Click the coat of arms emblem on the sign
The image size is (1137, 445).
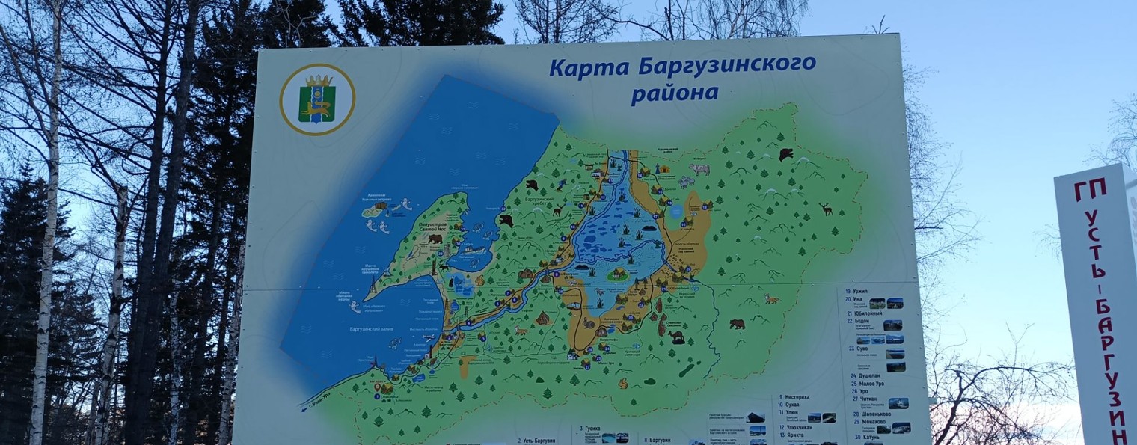pos(317,99)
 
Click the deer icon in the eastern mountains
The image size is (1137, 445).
pos(826,209)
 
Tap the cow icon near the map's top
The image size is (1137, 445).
pos(699,170)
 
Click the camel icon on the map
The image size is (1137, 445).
pos(676,337)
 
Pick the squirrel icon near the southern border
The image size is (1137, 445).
pos(622,383)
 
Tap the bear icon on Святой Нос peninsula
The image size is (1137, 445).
pos(435,239)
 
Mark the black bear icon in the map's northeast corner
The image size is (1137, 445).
pos(785,154)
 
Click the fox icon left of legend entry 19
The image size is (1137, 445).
pos(771,299)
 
